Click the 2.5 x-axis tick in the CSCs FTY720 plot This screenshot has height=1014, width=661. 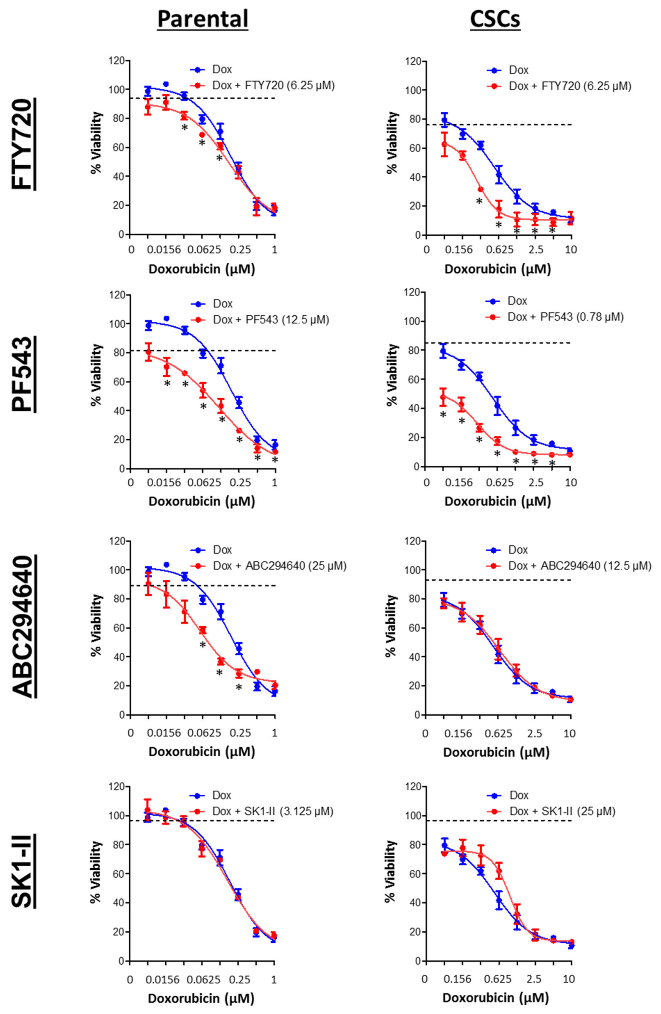coord(536,249)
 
